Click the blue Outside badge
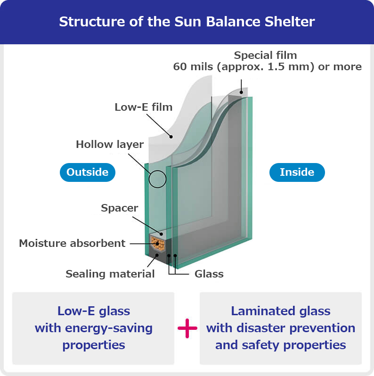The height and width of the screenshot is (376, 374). tap(88, 172)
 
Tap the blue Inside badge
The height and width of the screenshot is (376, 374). tap(297, 172)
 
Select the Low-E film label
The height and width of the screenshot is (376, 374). tap(143, 107)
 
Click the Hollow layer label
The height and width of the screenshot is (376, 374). tap(110, 144)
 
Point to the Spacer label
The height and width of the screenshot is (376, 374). tap(119, 208)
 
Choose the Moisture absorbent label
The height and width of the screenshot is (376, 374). tap(72, 243)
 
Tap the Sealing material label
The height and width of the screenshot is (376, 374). tap(110, 274)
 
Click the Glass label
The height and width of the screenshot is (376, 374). tap(209, 274)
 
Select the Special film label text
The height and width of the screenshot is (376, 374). tap(265, 55)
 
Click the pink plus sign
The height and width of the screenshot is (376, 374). tap(187, 328)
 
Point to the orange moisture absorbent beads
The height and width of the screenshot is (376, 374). tap(158, 244)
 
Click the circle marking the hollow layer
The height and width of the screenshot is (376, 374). tap(157, 170)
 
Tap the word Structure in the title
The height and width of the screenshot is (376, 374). tap(92, 22)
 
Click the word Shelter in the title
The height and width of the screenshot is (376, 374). tap(290, 22)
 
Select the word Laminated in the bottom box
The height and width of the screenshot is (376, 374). tap(263, 311)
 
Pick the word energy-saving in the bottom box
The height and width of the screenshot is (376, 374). tap(109, 328)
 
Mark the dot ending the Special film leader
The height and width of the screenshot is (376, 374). tap(241, 92)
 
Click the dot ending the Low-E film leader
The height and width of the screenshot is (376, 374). tap(171, 137)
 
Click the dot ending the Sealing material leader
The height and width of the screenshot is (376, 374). tap(157, 255)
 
